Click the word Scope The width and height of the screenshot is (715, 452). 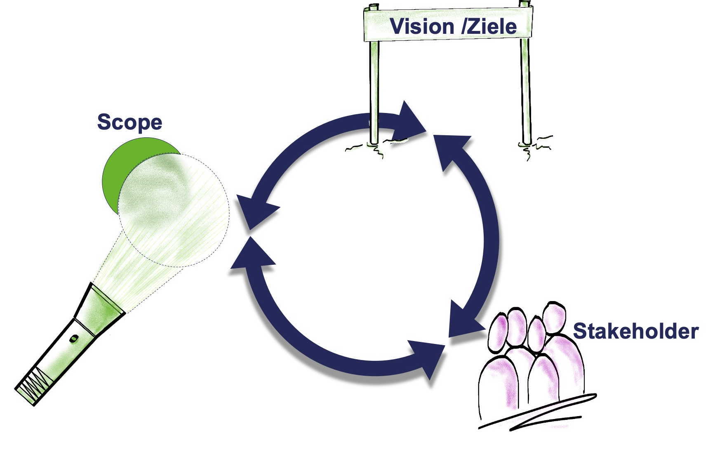[x=129, y=122]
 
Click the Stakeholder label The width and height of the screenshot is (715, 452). [x=635, y=331]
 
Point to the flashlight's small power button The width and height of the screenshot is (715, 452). [x=74, y=339]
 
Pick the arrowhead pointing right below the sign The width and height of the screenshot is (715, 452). [x=408, y=122]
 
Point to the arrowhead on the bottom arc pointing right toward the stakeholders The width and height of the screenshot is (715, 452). [x=429, y=357]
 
